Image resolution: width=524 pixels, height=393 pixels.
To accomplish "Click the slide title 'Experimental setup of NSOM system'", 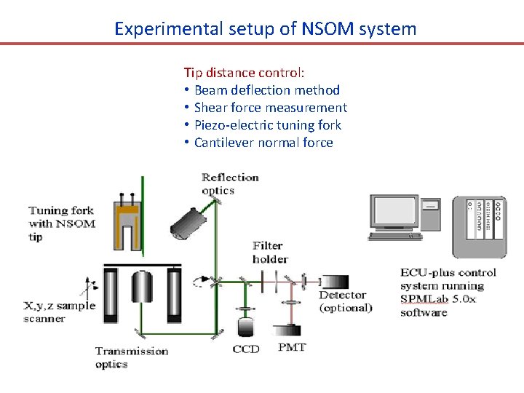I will [x=265, y=29].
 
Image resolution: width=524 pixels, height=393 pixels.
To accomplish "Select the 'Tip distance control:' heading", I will [x=245, y=73].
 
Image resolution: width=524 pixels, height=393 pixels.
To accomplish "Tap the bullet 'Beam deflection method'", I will [x=266, y=90].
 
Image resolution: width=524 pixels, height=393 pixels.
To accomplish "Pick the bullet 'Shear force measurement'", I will [x=270, y=108].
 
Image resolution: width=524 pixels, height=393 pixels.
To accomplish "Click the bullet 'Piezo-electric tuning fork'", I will [x=267, y=125].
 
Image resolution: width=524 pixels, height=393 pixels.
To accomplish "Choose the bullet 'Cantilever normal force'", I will [x=263, y=143].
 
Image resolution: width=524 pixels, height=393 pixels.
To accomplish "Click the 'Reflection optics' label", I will [x=229, y=183].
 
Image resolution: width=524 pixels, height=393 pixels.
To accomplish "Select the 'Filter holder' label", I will [x=270, y=253].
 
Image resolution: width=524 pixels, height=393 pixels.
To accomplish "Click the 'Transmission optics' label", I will [x=131, y=357].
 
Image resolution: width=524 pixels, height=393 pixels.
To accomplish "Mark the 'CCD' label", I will [x=246, y=349].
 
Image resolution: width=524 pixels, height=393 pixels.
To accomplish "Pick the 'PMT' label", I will [x=292, y=348].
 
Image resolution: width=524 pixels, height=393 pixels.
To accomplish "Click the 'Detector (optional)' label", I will [x=345, y=301].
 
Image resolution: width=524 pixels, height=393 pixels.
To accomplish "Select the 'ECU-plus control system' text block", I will [x=448, y=292].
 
